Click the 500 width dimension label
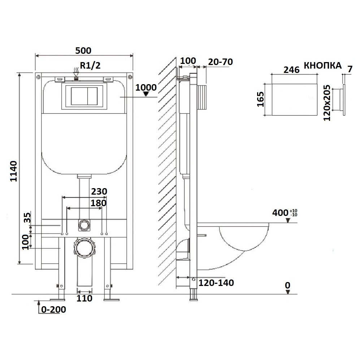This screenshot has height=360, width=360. pos(83,51)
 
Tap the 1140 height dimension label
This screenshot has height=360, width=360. pos(14,171)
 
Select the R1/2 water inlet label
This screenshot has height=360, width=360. pos(90,66)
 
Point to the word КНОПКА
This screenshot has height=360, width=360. pos(322,66)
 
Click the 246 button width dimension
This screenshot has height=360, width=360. pos(292,70)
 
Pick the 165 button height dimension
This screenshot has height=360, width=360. pos(260,99)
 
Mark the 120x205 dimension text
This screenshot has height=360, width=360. pos(327,103)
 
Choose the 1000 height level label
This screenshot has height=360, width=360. pos(146,87)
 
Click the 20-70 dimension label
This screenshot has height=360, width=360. pos(220,62)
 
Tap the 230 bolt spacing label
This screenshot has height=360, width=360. pos(99,191)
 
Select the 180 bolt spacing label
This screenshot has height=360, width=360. pos(99,203)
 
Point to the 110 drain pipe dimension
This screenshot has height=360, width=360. pos(84,298)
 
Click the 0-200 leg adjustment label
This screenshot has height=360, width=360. pos(54,309)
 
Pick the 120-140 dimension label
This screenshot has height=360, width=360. pos(216,283)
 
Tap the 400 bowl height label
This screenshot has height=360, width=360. pos(285,213)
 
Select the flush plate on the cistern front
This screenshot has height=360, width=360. pos(84,96)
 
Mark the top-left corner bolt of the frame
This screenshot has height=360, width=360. pos(38,77)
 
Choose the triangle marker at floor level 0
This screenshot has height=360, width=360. pos(288,292)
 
